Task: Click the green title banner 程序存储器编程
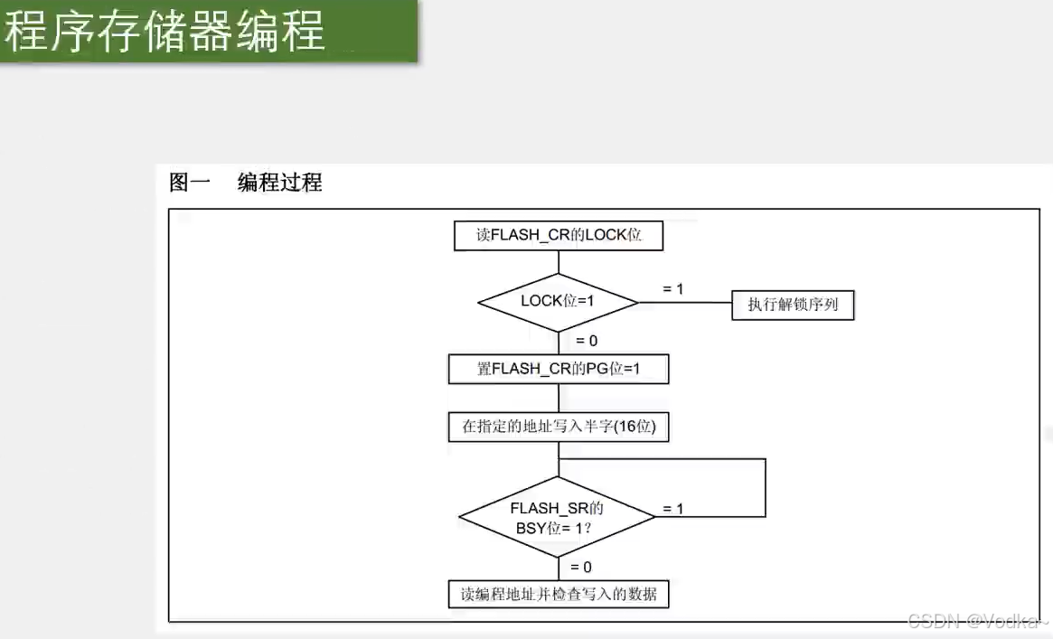pos(208,32)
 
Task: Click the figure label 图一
pos(190,183)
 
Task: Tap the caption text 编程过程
pos(279,183)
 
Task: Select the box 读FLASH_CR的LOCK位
pos(559,236)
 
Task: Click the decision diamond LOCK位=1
pos(558,301)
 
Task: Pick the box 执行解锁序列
pos(793,305)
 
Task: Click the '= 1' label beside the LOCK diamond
pos(673,288)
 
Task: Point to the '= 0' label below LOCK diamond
pos(587,341)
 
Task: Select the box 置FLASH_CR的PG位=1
pos(559,369)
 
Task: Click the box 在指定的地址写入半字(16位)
pos(559,427)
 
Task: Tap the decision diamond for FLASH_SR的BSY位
pos(557,517)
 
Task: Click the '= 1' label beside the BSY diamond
pos(673,509)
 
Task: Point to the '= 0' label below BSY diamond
pos(581,567)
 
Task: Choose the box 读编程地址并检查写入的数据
pos(559,594)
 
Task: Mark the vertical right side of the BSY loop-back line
pos(766,488)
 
